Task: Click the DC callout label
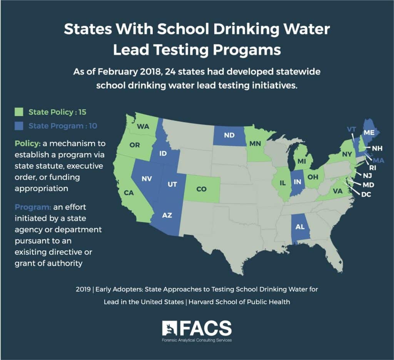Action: click(x=366, y=195)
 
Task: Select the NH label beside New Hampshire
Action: click(x=377, y=148)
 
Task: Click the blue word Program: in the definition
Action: click(x=33, y=207)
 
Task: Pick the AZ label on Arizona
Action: click(x=167, y=215)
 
